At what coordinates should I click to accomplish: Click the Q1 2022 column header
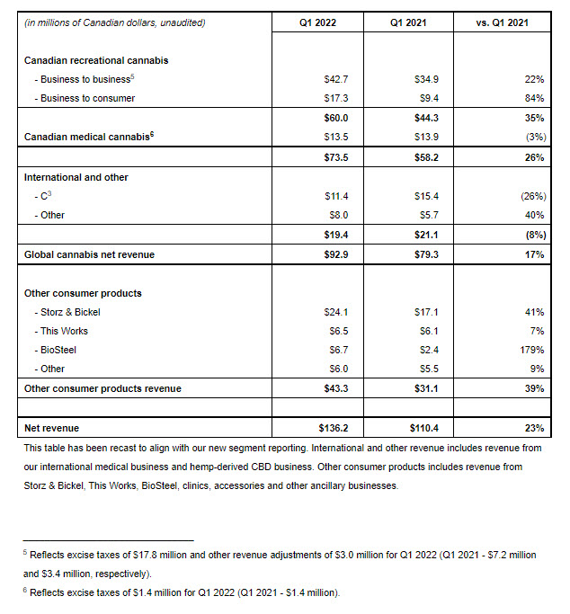(x=317, y=22)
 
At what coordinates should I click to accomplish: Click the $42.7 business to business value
(x=336, y=80)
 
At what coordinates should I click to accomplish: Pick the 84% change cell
(x=534, y=98)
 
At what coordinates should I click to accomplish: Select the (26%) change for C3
(x=530, y=195)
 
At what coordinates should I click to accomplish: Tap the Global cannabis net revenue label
(x=89, y=254)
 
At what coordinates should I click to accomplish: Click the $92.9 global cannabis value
(x=336, y=254)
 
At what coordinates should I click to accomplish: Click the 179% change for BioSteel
(x=531, y=350)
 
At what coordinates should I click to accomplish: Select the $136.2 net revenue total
(x=334, y=428)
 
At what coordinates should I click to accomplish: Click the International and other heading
(x=76, y=177)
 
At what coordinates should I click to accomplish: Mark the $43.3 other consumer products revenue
(x=336, y=388)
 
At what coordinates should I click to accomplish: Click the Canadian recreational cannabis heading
(x=97, y=60)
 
